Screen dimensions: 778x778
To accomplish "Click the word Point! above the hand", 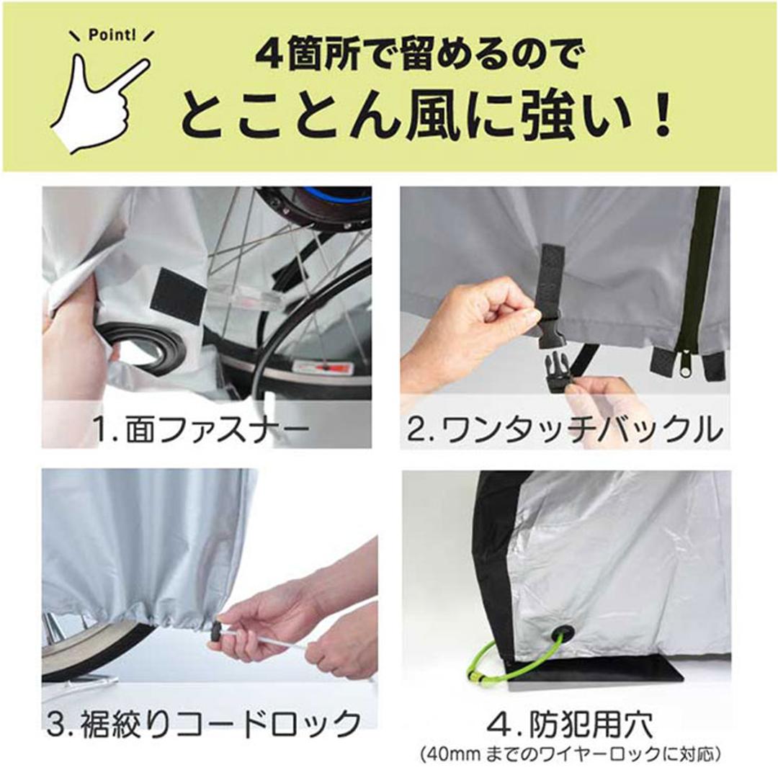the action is tap(112, 36).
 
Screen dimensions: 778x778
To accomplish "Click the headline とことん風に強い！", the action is tap(426, 118).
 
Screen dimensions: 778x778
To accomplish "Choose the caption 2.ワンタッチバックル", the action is tap(565, 429).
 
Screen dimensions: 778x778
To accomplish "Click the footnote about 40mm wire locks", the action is tap(570, 756).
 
